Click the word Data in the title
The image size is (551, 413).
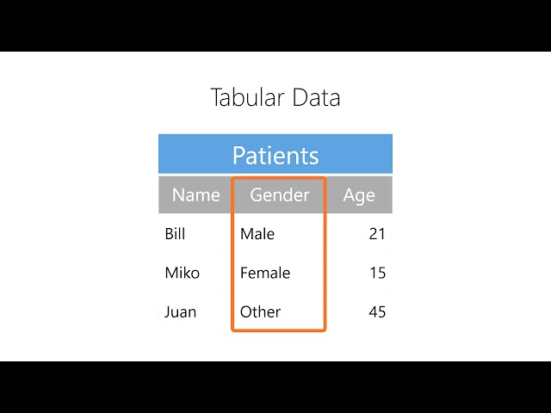(x=316, y=97)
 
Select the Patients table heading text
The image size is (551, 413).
(x=275, y=156)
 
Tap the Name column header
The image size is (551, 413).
(x=196, y=195)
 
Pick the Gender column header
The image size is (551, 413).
(x=279, y=195)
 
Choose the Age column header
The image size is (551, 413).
(x=359, y=195)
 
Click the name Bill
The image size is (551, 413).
(x=175, y=233)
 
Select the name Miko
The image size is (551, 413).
(x=182, y=273)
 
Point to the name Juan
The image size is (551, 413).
(x=180, y=311)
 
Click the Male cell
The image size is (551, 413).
(x=257, y=233)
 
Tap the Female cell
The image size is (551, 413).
(x=265, y=273)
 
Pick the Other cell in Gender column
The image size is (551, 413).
(x=260, y=311)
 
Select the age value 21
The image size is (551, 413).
(x=377, y=233)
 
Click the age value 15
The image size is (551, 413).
(x=377, y=273)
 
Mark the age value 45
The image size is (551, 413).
(x=377, y=311)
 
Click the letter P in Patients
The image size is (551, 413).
(x=239, y=156)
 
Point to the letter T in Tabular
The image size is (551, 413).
(x=216, y=97)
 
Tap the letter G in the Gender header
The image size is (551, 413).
(x=256, y=195)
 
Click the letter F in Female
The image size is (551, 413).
(x=245, y=273)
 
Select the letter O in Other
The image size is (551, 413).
(x=246, y=311)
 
